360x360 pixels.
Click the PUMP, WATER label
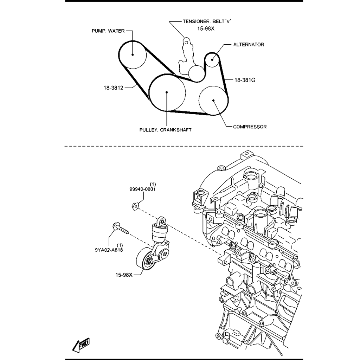coord(108,31)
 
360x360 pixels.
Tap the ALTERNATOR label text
coord(249,45)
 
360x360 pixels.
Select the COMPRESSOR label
coord(250,127)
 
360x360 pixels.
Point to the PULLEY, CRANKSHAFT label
coord(165,130)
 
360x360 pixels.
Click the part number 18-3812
coord(114,88)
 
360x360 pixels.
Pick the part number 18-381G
coord(245,80)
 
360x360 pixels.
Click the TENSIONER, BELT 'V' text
coord(207,21)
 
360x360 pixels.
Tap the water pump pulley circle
coord(133,54)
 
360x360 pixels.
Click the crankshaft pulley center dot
coord(167,92)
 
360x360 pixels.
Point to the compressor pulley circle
coord(213,100)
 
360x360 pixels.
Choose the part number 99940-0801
coord(142,189)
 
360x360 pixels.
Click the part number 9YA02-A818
coord(109,250)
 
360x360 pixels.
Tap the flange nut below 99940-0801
coord(135,206)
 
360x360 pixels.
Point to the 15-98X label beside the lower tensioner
coord(124,275)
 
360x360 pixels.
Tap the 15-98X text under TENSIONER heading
coord(206,29)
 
